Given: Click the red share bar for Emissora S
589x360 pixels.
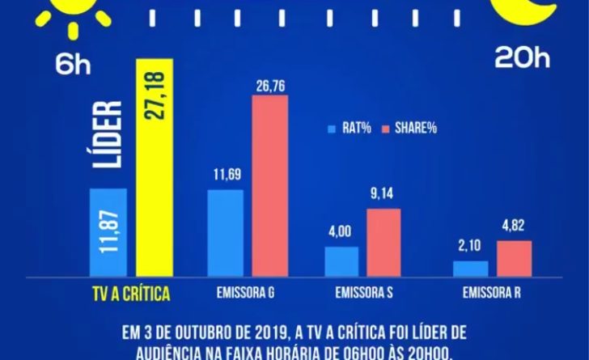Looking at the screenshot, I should click(383, 243).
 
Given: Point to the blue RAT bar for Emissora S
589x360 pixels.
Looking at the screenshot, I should click(341, 261).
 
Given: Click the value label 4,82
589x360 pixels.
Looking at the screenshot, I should click(514, 227).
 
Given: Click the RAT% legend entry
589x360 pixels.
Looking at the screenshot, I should click(348, 128).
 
